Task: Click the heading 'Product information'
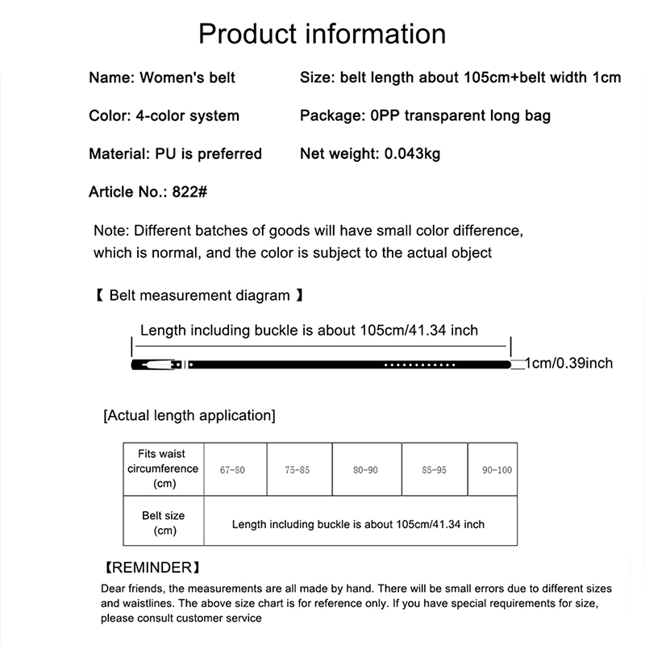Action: click(322, 34)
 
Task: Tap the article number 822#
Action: click(192, 192)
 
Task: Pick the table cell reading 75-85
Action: click(298, 469)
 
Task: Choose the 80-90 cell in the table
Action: click(365, 469)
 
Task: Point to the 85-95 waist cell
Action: click(434, 469)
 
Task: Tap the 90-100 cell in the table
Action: click(497, 469)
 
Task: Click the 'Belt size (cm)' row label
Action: click(164, 523)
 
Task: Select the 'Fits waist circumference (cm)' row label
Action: click(163, 468)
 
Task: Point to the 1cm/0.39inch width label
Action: click(568, 364)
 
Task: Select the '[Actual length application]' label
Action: click(189, 416)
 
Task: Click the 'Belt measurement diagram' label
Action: click(199, 295)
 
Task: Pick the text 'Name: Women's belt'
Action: click(162, 77)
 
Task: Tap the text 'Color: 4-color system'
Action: click(164, 115)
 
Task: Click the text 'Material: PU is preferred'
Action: click(175, 153)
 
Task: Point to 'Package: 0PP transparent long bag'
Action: click(425, 115)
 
